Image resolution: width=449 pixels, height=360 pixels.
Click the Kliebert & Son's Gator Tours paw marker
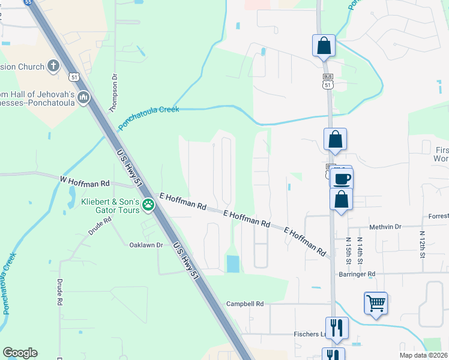point(148,206)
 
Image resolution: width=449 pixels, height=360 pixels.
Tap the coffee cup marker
point(342,178)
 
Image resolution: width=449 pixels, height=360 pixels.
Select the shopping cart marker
point(376,304)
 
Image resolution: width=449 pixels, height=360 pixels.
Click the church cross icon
point(53,66)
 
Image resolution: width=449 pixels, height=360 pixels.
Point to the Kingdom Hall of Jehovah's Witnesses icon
point(83,97)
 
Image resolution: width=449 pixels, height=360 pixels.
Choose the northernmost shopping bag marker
point(324,46)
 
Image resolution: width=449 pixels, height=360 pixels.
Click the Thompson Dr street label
point(112,94)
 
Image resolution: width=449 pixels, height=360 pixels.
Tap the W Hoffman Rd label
point(85,181)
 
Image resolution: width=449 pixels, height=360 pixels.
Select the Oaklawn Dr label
point(146,245)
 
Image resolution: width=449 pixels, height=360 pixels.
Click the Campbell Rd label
point(245,304)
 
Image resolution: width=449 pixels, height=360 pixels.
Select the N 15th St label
point(348,251)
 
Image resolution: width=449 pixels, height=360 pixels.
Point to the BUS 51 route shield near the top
point(328,82)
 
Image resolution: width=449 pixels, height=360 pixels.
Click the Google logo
point(20,353)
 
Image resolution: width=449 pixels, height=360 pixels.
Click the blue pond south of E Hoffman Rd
point(232,262)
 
